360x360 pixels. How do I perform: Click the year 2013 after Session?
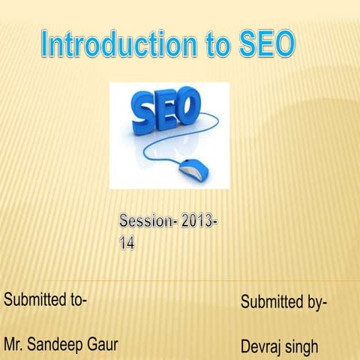tap(197, 223)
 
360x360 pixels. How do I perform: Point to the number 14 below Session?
tap(127, 244)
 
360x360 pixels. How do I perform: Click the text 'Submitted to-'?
tap(46, 300)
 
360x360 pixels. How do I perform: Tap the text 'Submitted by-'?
tap(283, 302)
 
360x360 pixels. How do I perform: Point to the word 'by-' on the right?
tap(314, 303)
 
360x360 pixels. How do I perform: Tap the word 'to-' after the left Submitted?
tap(77, 300)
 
